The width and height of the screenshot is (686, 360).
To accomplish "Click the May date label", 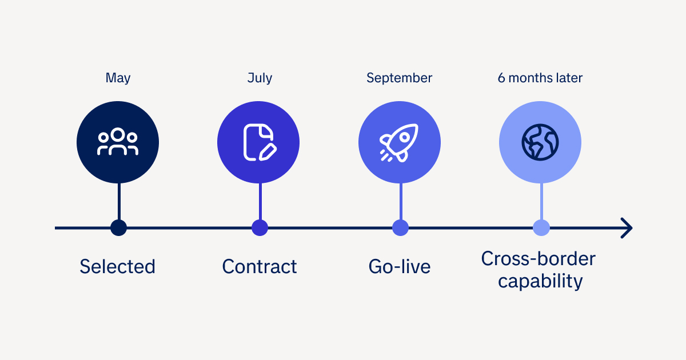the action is [118, 78].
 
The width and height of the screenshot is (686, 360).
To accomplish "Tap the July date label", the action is [260, 78].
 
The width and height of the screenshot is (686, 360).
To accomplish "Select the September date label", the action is [400, 78].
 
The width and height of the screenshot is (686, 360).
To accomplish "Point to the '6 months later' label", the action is [540, 78].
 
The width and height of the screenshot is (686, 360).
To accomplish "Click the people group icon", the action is [118, 142].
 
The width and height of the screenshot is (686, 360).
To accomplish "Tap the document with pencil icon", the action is [260, 142].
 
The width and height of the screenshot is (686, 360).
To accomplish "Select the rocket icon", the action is [399, 143].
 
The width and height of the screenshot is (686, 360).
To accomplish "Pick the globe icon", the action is [540, 142].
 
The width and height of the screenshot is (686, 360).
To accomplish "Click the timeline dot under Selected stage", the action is [118, 228].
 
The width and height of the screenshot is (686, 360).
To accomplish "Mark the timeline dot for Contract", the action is [260, 228].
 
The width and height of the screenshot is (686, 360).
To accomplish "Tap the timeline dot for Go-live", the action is [400, 228].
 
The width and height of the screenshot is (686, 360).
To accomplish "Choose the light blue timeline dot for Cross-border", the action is [541, 228].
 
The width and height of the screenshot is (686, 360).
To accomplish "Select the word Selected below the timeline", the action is [118, 266].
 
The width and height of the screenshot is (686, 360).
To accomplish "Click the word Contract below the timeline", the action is [260, 266].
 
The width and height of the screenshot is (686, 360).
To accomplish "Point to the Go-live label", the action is [400, 266].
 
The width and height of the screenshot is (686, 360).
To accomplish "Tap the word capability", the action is [540, 282].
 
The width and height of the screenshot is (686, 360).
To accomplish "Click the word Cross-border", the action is [539, 259].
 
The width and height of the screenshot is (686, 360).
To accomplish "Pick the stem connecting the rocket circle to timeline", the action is [401, 201].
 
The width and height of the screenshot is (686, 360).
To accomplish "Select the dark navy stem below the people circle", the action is [119, 201].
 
